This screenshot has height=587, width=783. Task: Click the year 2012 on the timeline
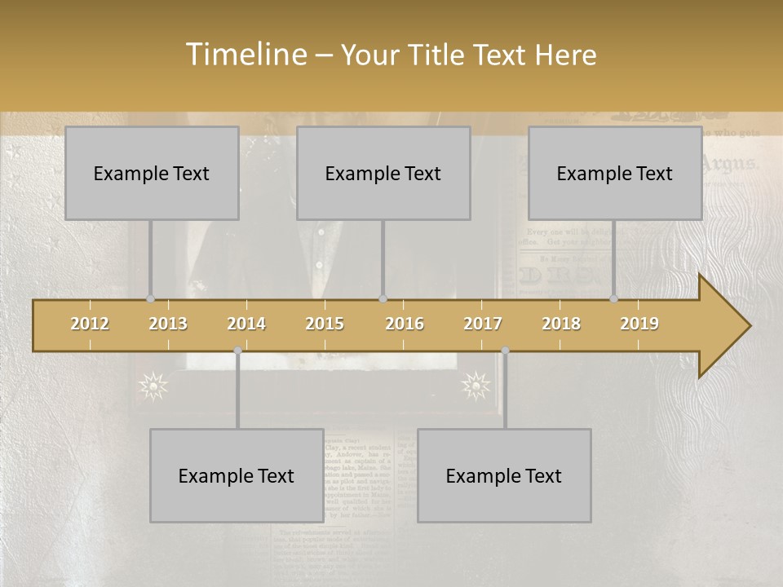pos(90,324)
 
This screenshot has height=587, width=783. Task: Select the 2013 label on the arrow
pos(168,324)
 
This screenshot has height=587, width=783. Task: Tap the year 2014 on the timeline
pos(246,324)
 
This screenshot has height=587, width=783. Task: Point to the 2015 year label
pos(325,324)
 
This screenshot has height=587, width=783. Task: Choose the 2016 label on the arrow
pos(405,324)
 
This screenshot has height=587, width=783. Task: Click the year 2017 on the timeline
pos(483,324)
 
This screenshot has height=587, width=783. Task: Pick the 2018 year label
pos(561,324)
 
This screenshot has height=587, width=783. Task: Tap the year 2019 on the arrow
pos(639,324)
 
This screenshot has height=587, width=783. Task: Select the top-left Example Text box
pos(152,173)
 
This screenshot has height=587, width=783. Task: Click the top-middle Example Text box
pos(383,173)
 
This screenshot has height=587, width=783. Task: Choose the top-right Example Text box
pos(615,173)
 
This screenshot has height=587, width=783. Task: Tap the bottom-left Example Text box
pos(237,475)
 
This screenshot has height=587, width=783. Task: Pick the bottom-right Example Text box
pos(504,475)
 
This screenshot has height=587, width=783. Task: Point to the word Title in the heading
pos(440,55)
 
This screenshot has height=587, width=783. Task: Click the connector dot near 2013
pos(150,298)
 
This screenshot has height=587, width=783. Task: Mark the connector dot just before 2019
pos(614,298)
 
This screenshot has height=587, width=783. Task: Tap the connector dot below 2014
pos(237,350)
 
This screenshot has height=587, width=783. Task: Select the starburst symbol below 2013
pos(153,385)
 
